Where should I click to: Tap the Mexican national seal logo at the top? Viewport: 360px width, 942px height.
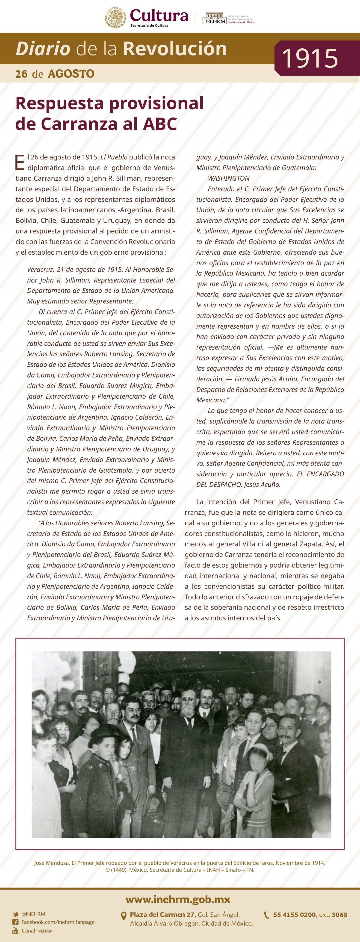(x=116, y=18)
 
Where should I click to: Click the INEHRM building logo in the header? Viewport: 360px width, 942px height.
(x=214, y=18)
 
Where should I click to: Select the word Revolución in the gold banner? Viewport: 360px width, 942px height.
(x=175, y=49)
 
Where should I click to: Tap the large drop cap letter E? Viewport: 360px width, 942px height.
(x=20, y=162)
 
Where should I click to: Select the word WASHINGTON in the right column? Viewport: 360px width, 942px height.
(x=229, y=178)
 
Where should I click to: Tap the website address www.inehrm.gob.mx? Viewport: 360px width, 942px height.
(x=178, y=899)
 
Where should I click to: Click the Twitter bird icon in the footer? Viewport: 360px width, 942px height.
(x=15, y=914)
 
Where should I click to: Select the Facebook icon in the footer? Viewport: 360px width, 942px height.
(x=15, y=922)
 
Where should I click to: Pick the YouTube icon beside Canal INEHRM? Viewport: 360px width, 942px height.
(x=15, y=930)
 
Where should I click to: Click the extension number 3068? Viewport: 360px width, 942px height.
(x=339, y=915)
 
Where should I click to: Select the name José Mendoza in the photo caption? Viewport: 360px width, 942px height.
(x=51, y=863)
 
